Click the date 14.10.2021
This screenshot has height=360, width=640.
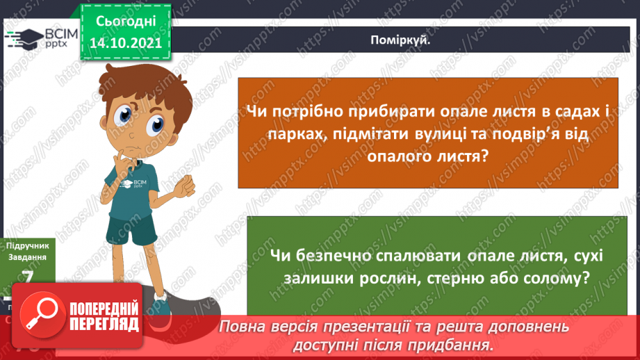pyautogui.click(x=125, y=42)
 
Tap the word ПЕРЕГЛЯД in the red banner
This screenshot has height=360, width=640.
pyautogui.click(x=104, y=324)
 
